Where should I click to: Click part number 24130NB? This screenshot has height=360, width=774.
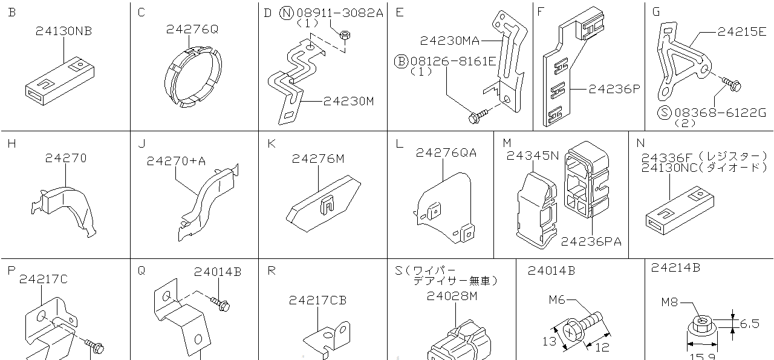point(63,31)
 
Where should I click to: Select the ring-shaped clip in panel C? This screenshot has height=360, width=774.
point(193,74)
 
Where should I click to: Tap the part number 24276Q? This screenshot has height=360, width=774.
point(192,28)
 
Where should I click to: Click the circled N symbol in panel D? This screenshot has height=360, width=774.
point(287,13)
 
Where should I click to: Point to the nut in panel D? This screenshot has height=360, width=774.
point(343,37)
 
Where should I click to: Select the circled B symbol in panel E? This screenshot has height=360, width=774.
point(402,61)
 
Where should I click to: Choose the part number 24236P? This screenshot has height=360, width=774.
point(613,90)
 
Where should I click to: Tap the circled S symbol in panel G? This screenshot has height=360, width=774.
point(665,112)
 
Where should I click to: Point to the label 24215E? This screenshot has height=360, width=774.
point(741,31)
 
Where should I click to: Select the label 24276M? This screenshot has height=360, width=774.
point(317,159)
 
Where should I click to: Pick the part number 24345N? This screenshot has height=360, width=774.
point(532,155)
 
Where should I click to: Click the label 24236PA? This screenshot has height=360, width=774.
point(591,241)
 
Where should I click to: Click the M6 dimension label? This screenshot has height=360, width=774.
point(558,299)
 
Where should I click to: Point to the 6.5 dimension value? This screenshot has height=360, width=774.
point(749,324)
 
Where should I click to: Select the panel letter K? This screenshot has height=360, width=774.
point(272,143)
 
